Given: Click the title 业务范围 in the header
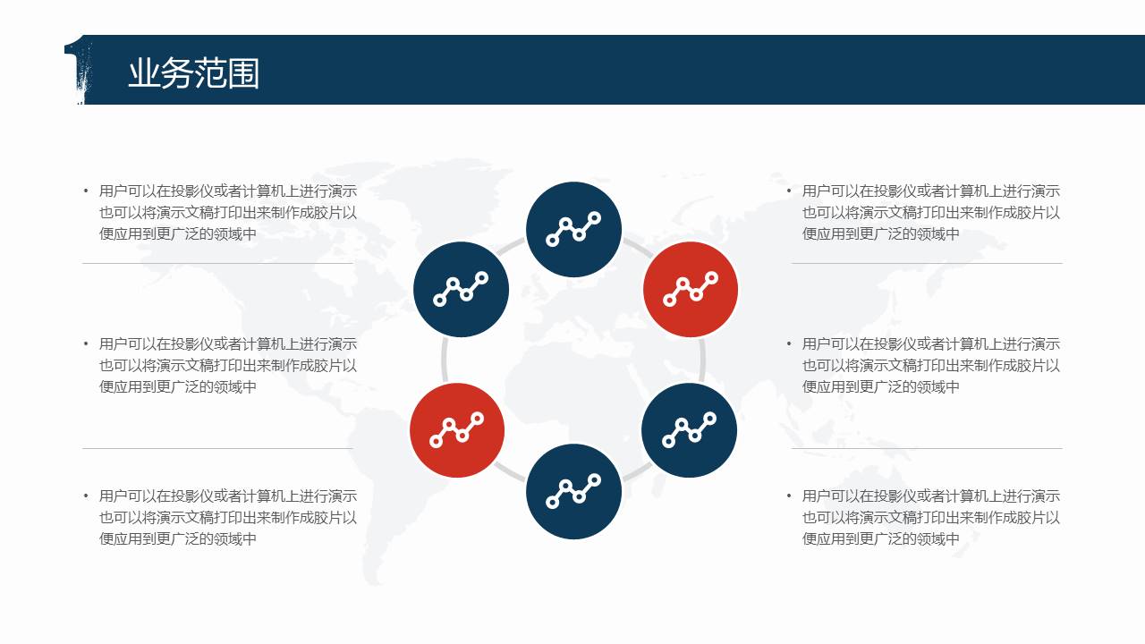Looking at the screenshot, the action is (x=194, y=73).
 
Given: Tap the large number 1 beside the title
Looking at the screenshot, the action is (x=79, y=70).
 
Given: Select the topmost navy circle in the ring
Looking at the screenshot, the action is (x=573, y=230).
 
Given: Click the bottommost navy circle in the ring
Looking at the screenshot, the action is (x=573, y=491).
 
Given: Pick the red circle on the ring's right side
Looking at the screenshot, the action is (x=690, y=289).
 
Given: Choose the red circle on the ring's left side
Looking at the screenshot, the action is (x=457, y=430).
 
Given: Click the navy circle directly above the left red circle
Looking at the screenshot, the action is (x=461, y=289).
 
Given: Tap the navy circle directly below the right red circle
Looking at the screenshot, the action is (x=689, y=430).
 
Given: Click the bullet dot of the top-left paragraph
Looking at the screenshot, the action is (x=85, y=191).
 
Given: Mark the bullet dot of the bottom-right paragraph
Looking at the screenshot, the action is (x=789, y=496).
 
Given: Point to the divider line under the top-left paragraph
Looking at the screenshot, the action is (x=217, y=264).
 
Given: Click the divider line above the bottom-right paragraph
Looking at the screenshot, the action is (x=927, y=449).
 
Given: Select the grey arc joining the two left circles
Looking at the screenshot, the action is (x=444, y=360).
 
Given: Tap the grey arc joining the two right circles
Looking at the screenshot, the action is (x=703, y=360).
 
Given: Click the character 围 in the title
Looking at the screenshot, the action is (x=243, y=73).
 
